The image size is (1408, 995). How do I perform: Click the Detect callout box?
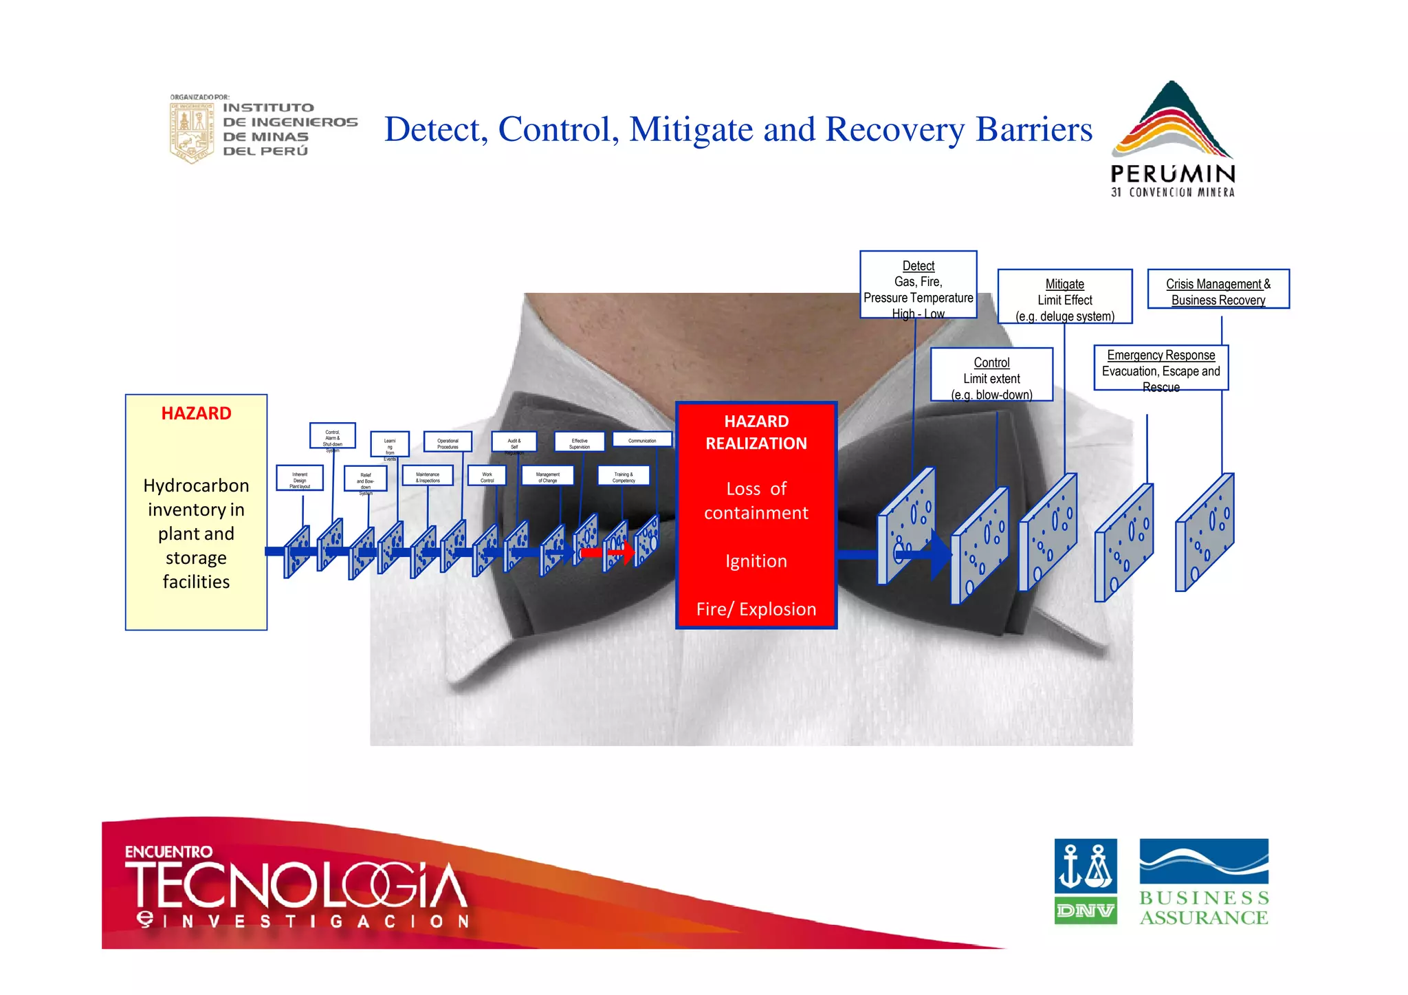pyautogui.click(x=918, y=285)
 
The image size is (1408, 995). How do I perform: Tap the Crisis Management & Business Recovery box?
pyautogui.click(x=1218, y=289)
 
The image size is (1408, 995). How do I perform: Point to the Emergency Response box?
pyautogui.click(x=1160, y=368)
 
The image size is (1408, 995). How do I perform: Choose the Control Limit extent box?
pyautogui.click(x=991, y=375)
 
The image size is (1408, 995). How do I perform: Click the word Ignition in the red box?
pyautogui.click(x=756, y=561)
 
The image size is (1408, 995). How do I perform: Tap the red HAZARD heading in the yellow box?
pyautogui.click(x=196, y=413)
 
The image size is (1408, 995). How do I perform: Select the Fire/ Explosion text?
pyautogui.click(x=756, y=609)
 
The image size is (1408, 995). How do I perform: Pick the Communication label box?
pyautogui.click(x=641, y=440)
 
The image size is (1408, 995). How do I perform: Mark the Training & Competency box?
pyautogui.click(x=623, y=476)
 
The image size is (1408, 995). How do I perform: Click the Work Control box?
pyautogui.click(x=487, y=476)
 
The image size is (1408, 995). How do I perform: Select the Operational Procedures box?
pyautogui.click(x=448, y=442)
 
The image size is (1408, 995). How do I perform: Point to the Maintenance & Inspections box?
pyautogui.click(x=428, y=476)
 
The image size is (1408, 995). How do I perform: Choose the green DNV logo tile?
pyautogui.click(x=1085, y=910)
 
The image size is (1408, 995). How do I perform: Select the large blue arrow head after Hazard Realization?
pyautogui.click(x=940, y=554)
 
